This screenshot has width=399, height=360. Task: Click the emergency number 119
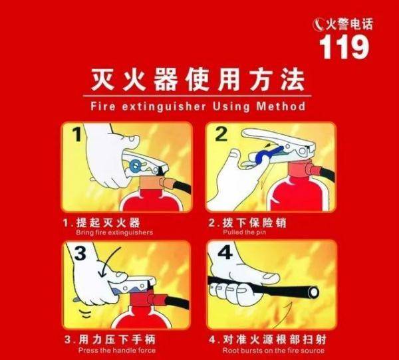pos(344,46)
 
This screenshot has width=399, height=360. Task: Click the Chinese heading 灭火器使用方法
pos(198,80)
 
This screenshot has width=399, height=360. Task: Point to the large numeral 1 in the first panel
pos(77,135)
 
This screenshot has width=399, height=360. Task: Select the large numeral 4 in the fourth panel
pos(223,254)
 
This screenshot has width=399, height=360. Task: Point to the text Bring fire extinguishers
pos(114,232)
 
